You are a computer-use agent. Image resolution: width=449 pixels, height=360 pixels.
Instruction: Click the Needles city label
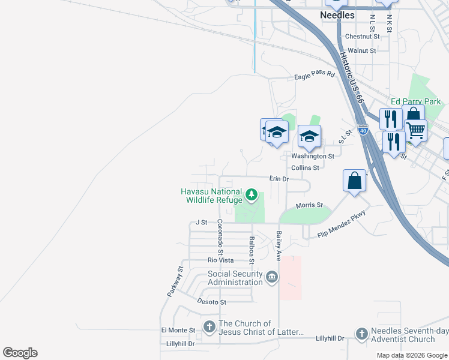click(337, 15)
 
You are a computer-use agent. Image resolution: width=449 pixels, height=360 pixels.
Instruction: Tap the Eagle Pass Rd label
click(314, 74)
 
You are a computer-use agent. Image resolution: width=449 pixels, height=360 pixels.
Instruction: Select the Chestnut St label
click(363, 37)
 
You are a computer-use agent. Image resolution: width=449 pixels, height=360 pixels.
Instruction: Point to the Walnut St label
click(361, 51)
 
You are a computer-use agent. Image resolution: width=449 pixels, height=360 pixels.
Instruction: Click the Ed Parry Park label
click(415, 102)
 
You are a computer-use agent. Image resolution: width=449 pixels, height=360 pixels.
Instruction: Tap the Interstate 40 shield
click(363, 129)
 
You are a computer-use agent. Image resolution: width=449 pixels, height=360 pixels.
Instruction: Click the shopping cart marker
click(415, 130)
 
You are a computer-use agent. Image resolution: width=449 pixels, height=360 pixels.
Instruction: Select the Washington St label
click(312, 156)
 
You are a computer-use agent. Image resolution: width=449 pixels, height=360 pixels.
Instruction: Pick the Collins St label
click(304, 168)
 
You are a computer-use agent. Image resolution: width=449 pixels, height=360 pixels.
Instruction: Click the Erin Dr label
click(279, 179)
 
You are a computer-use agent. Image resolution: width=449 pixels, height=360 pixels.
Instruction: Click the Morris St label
click(310, 205)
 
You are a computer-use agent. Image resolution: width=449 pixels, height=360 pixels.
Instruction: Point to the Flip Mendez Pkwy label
click(341, 225)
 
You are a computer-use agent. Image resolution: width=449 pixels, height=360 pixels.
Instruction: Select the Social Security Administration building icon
click(272, 277)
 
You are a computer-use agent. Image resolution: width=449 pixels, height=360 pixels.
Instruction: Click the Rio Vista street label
click(220, 260)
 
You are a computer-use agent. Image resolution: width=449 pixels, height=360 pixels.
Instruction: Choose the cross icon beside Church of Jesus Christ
click(209, 328)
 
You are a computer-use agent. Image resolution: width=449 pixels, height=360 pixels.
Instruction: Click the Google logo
click(20, 353)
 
